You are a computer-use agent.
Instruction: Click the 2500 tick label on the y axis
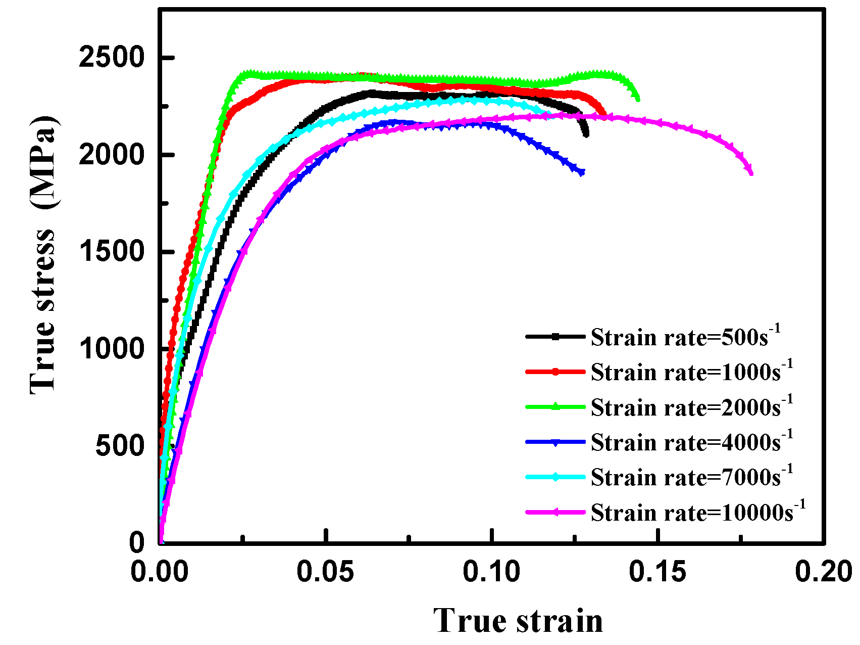[x=112, y=58]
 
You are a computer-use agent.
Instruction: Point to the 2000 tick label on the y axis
[x=112, y=155]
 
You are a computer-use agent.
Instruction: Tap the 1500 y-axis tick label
[x=112, y=252]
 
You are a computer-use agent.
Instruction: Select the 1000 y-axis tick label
[x=112, y=349]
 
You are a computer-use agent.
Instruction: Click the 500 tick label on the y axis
[x=120, y=446]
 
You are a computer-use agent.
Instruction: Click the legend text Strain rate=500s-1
[x=685, y=337]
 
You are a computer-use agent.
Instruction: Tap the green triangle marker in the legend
[x=555, y=406]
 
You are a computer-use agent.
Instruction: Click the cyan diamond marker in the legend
[x=555, y=477]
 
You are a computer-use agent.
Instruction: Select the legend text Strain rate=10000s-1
[x=697, y=512]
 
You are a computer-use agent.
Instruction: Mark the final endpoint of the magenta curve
[x=751, y=173]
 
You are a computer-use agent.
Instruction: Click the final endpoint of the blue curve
[x=582, y=172]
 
